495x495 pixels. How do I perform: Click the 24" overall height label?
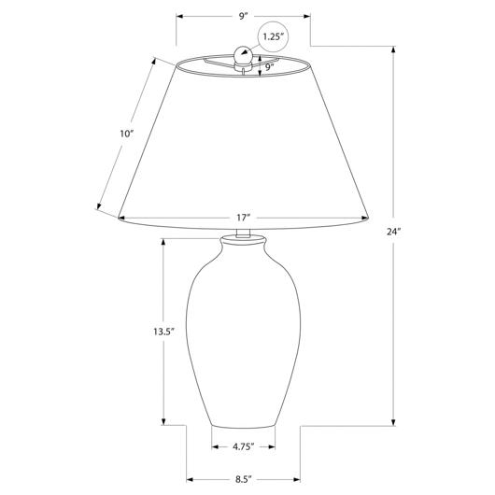tap(393, 232)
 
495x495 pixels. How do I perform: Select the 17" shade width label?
tap(244, 218)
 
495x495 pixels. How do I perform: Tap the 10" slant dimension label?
tap(127, 134)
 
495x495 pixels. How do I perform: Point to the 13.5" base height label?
tap(164, 332)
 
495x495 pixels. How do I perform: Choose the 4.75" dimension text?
tap(244, 446)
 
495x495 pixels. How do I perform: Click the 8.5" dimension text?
tap(244, 479)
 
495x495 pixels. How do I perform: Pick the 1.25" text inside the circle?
tap(272, 36)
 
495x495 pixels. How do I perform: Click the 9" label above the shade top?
tap(242, 17)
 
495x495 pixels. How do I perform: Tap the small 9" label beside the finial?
tap(269, 67)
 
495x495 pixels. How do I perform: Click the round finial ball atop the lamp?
tap(243, 55)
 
